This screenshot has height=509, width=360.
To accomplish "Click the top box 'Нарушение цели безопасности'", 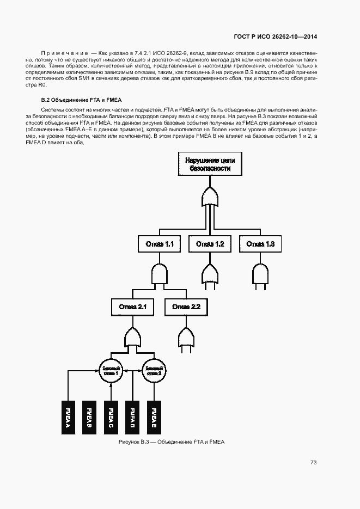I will [207, 164].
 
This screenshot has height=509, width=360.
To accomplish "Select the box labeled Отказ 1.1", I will [159, 244].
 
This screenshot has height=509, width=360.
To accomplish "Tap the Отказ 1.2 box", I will [210, 244].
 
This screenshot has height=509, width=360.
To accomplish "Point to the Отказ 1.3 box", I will [260, 244].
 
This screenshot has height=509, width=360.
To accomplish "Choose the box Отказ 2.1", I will [132, 308].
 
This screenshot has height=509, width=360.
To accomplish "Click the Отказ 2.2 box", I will [186, 308].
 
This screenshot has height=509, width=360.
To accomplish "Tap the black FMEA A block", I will [68, 418].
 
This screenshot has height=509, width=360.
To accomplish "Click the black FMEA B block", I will [89, 418].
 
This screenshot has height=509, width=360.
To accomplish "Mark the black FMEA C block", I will [111, 418].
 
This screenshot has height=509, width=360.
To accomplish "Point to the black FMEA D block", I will [132, 418].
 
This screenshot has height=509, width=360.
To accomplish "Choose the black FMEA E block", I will [154, 418].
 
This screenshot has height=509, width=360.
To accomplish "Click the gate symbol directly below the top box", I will [209, 197].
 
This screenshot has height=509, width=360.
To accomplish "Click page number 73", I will [313, 463].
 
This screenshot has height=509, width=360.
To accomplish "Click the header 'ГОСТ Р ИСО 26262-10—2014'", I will [275, 37].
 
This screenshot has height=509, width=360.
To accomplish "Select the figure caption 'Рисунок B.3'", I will [171, 442].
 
